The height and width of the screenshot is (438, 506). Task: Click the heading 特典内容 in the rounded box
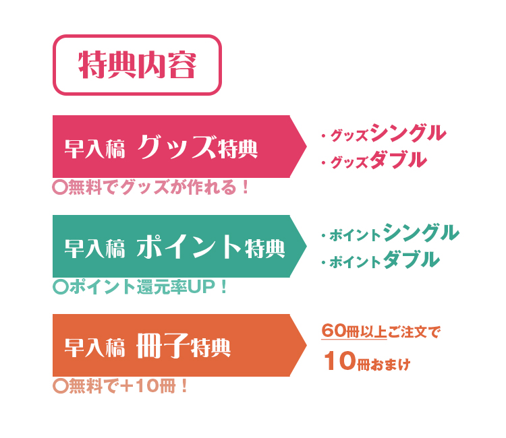(x=137, y=65)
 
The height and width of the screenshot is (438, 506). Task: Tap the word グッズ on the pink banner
(x=176, y=147)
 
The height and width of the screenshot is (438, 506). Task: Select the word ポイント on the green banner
(x=189, y=247)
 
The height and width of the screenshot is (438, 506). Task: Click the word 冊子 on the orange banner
(x=163, y=346)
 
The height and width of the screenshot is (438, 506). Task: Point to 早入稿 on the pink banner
(x=94, y=149)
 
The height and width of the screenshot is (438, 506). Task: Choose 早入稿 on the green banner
(x=94, y=249)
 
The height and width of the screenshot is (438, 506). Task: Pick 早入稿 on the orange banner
(x=94, y=348)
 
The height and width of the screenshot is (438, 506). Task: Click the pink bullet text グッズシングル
(x=388, y=133)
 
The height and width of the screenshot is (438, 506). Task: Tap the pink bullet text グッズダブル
(x=378, y=160)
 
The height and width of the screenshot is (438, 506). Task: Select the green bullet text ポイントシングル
(x=394, y=232)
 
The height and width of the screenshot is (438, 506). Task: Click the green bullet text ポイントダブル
(x=385, y=260)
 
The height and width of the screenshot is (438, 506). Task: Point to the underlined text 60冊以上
(x=354, y=331)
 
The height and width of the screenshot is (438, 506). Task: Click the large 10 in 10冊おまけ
(x=340, y=361)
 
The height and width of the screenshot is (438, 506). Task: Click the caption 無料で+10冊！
(x=128, y=386)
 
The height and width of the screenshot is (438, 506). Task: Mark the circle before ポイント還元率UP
(x=60, y=287)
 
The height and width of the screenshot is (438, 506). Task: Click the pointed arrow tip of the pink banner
(x=306, y=147)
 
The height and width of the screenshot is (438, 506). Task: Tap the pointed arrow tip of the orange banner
(x=306, y=345)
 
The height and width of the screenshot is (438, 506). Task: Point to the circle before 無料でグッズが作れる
(x=60, y=187)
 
